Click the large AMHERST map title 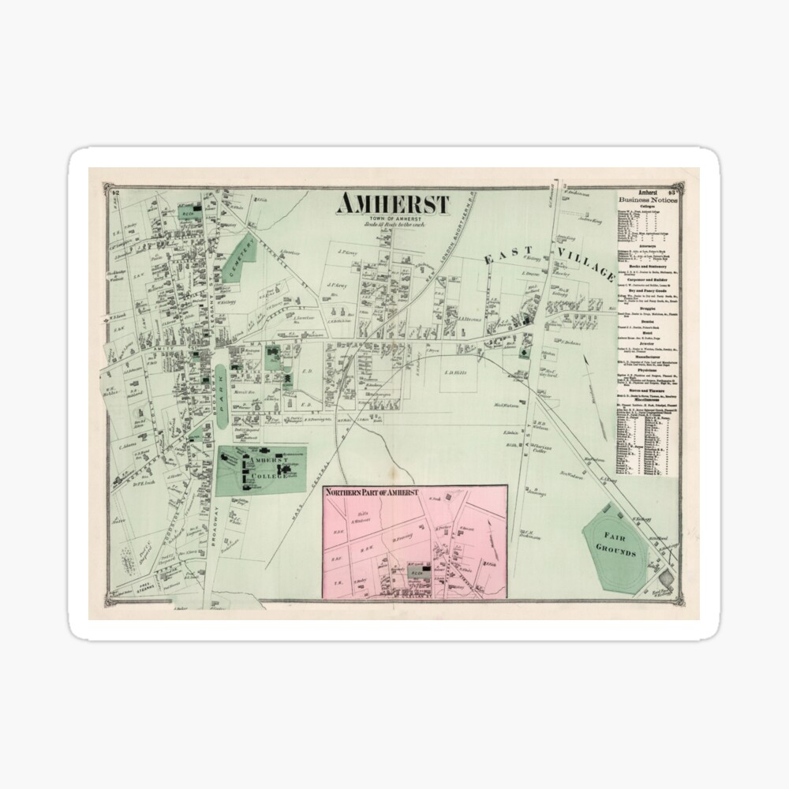(x=392, y=204)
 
